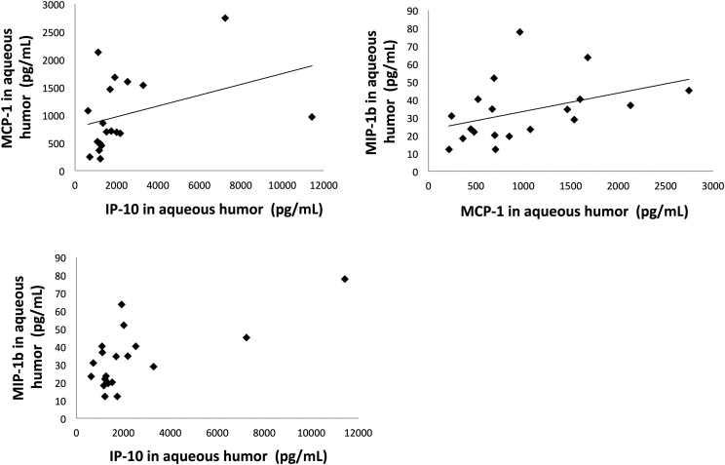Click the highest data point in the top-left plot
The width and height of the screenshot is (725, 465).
225,18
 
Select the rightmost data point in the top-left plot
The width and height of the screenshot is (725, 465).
312,117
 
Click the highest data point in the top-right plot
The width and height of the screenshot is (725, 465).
519,32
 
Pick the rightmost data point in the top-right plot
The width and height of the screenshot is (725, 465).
689,91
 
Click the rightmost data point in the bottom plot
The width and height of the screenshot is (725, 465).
345,279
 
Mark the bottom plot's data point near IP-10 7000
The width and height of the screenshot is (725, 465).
247,337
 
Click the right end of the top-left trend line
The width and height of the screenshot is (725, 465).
312,66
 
